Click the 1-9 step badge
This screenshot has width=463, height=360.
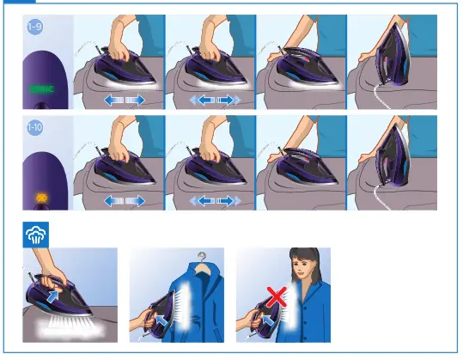[34, 27]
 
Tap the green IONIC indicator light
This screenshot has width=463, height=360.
[40, 88]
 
